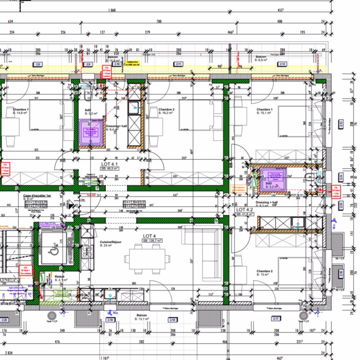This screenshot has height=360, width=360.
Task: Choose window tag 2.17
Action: point(276,319)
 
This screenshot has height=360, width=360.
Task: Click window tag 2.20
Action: point(5,320)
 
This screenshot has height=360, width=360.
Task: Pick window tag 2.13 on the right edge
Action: point(341,125)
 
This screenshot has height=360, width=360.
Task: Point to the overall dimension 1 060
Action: point(112,10)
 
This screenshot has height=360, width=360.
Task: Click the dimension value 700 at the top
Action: point(159,22)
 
